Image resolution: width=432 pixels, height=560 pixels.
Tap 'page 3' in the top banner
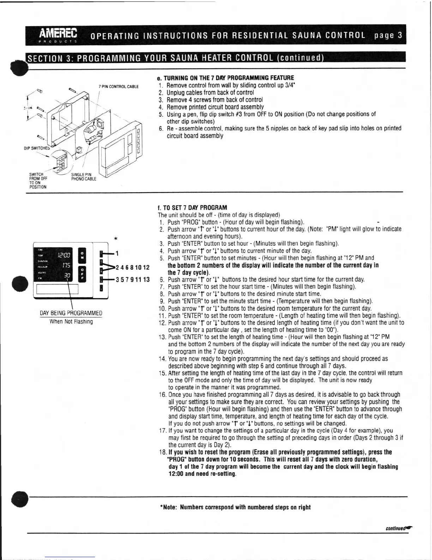pyautogui.click(x=389, y=35)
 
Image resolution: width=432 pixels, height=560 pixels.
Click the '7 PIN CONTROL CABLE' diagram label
pyautogui.click(x=119, y=87)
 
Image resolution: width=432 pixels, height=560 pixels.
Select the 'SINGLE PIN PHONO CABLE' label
pyautogui.click(x=83, y=177)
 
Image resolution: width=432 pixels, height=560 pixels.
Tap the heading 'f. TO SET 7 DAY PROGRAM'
pyautogui.click(x=192, y=208)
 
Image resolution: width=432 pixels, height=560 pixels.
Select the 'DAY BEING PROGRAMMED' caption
pyautogui.click(x=71, y=313)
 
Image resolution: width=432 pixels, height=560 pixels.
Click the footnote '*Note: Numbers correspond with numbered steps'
pyautogui.click(x=235, y=507)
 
